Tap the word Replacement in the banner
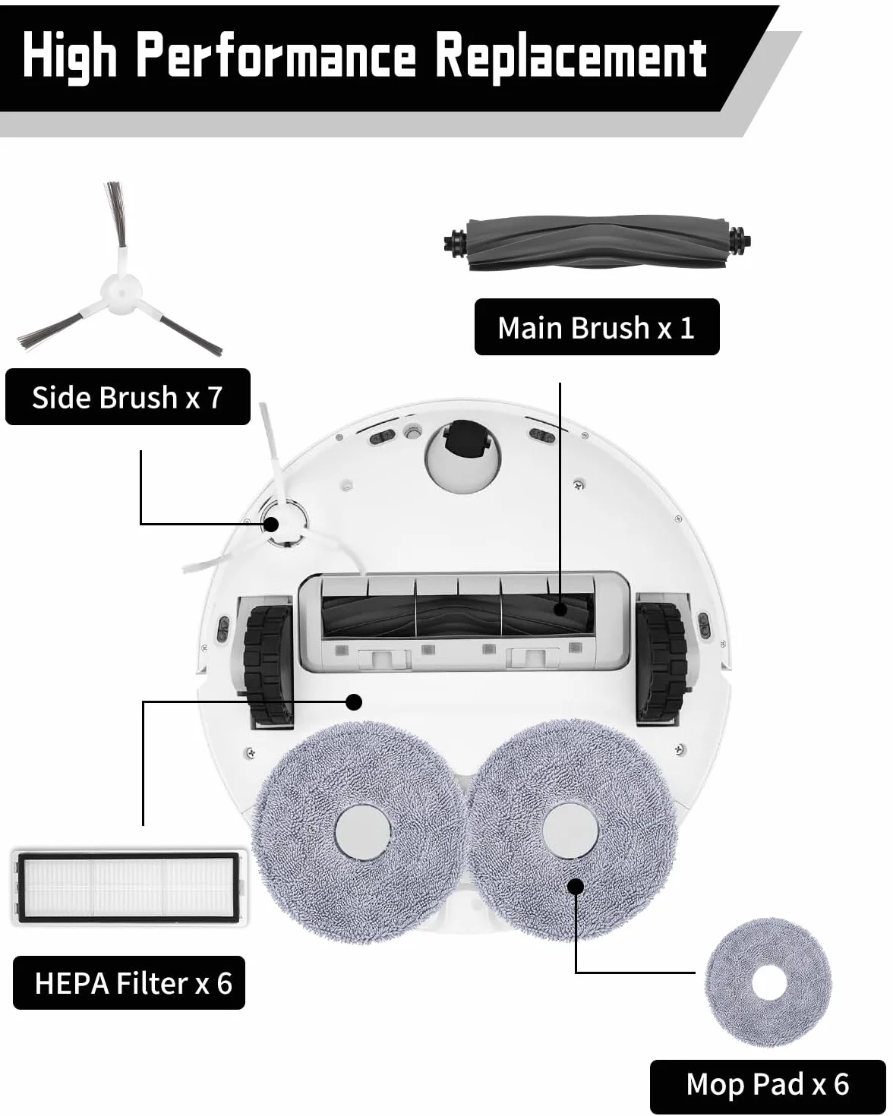[571, 58]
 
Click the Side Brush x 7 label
[128, 397]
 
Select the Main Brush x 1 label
[597, 327]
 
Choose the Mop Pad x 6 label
[768, 1084]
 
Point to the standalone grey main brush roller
[597, 243]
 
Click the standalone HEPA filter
[129, 887]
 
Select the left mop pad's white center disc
[363, 832]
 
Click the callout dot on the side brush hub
[271, 525]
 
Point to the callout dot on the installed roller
[560, 609]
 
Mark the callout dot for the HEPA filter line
[354, 702]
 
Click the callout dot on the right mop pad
[576, 886]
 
